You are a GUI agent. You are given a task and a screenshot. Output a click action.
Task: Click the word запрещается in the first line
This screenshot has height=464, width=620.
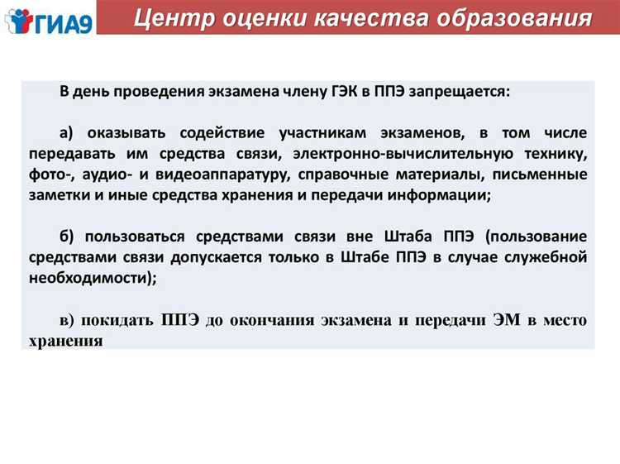coord(468,92)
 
